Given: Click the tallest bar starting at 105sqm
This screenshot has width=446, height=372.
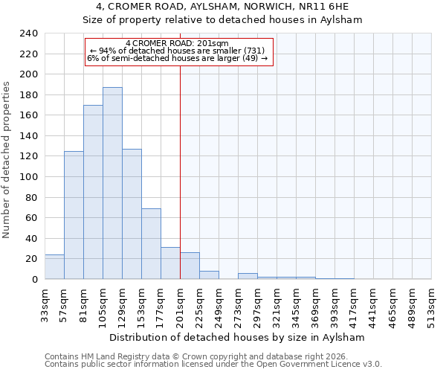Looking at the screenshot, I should click(x=112, y=183).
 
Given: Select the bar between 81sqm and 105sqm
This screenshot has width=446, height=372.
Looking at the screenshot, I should click(x=93, y=192).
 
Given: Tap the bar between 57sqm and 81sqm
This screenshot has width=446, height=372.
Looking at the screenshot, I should click(x=74, y=215).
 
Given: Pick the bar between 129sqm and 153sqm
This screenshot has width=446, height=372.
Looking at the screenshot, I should click(x=132, y=214).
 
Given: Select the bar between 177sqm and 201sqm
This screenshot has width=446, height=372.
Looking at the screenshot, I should click(x=170, y=263).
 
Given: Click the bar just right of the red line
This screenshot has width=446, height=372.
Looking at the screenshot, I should click(x=190, y=266).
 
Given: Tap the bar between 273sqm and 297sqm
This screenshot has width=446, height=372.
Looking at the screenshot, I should click(x=248, y=276).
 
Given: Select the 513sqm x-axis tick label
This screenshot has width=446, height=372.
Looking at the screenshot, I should click(x=432, y=304).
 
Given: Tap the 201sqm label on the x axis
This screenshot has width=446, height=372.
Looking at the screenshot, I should click(x=181, y=304).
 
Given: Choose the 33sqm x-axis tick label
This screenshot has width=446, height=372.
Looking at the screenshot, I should click(x=45, y=304).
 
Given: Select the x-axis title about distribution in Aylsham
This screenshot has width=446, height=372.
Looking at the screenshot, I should click(x=237, y=337).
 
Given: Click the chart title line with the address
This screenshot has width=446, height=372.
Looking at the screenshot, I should click(x=222, y=7).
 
